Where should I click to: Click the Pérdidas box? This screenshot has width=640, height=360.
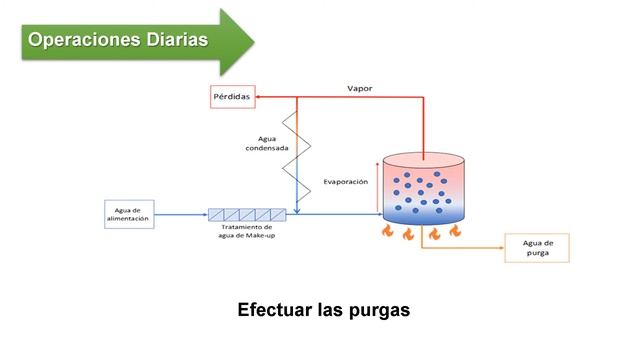tap(230, 97)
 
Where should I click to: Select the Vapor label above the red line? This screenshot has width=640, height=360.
tap(360, 87)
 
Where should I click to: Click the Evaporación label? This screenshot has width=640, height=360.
tap(346, 182)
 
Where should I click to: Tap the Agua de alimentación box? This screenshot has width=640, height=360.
tap(128, 213)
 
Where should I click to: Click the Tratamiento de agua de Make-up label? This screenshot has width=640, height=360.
tap(247, 233)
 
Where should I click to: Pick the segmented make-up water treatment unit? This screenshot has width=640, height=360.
tap(247, 214)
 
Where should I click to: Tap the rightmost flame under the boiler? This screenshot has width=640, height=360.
tap(455, 232)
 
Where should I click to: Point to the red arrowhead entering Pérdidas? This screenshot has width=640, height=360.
tap(258, 97)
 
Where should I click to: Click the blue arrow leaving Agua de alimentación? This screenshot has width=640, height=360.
tap(180, 214)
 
